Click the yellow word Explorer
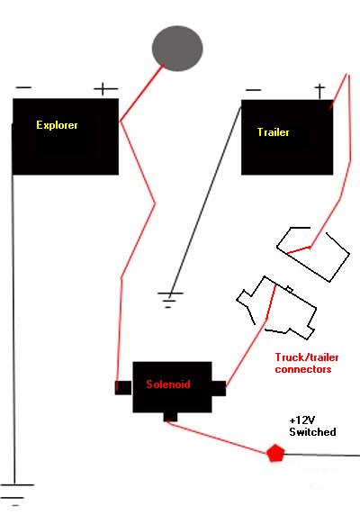[57, 125]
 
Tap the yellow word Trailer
[273, 132]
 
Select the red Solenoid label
[168, 384]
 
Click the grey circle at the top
[177, 49]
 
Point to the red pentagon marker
[275, 453]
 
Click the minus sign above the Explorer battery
[23, 88]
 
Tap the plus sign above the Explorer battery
[105, 89]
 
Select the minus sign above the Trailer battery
[253, 90]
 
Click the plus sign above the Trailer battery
[319, 91]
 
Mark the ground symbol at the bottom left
[15, 494]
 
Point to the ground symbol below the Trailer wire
[170, 300]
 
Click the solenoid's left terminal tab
[123, 388]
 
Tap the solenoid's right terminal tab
[219, 389]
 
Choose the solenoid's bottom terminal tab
[170, 417]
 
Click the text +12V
[302, 420]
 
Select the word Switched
[312, 432]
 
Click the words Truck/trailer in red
[307, 357]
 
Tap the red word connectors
[303, 369]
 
